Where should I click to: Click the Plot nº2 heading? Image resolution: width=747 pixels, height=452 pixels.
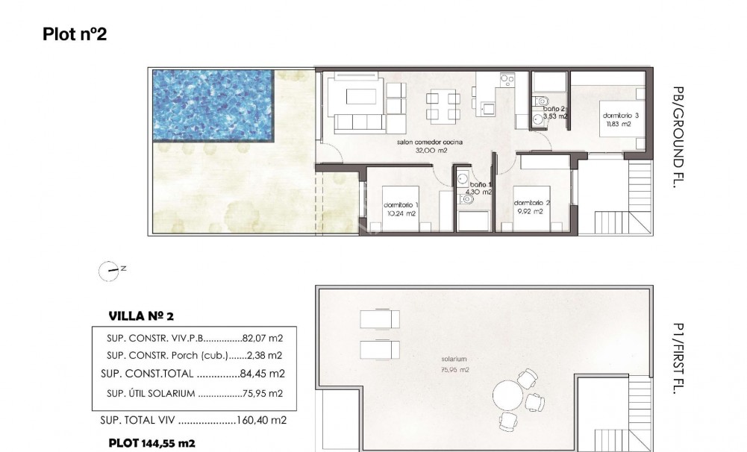pyautogui.click(x=75, y=34)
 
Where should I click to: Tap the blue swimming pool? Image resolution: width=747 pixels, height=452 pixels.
pyautogui.click(x=213, y=104)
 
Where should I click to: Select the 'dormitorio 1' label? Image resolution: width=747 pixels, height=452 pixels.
pyautogui.click(x=401, y=205)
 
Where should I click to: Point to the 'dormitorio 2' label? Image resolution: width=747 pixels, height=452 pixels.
pyautogui.click(x=531, y=203)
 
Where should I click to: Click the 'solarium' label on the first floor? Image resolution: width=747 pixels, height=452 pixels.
pyautogui.click(x=454, y=360)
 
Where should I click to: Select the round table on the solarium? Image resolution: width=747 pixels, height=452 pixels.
pyautogui.click(x=508, y=393)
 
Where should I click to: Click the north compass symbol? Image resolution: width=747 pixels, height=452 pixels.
pyautogui.click(x=110, y=271)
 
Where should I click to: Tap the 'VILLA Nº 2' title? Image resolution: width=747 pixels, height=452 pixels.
pyautogui.click(x=141, y=316)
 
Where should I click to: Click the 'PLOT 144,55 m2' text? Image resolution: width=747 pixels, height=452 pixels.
pyautogui.click(x=151, y=443)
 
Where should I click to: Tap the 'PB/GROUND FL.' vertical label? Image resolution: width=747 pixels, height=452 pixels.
pyautogui.click(x=678, y=137)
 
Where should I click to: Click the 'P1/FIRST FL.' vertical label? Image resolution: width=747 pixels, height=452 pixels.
pyautogui.click(x=678, y=358)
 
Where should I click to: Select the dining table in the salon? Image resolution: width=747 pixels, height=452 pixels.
pyautogui.click(x=443, y=105)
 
